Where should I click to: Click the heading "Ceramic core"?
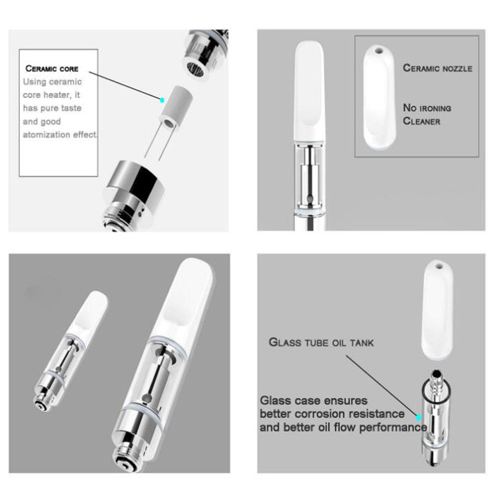[52, 69]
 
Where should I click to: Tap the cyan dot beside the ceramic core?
[162, 100]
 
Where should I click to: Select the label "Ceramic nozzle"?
[438, 68]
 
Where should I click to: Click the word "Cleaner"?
[422, 121]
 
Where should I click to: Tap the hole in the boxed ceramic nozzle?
[378, 50]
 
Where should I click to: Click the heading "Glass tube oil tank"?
[321, 342]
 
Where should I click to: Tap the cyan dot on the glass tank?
[419, 417]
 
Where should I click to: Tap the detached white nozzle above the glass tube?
[437, 309]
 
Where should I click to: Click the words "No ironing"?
[427, 108]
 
